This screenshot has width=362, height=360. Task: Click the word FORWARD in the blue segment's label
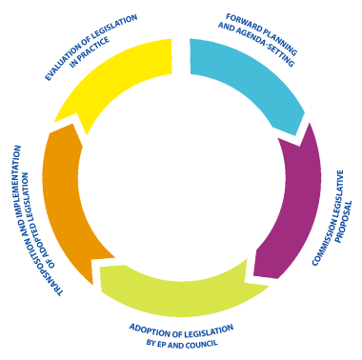[247, 18]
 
